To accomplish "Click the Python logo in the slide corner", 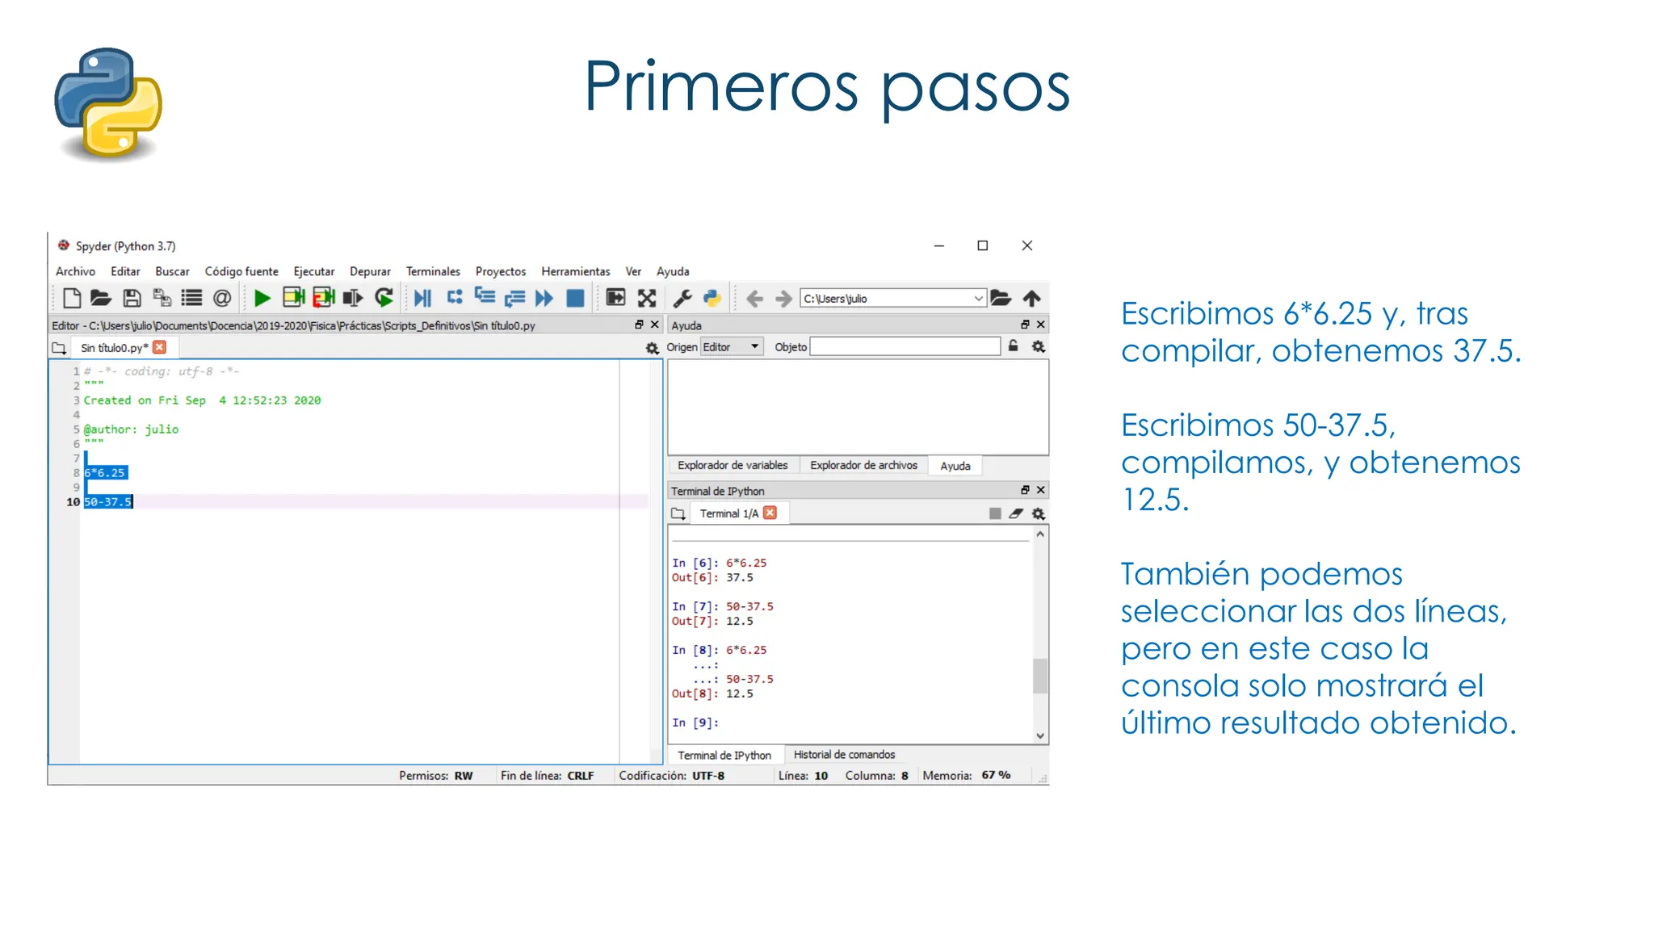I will tap(108, 103).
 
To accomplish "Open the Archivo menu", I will tap(75, 271).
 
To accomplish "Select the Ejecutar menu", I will tap(313, 271).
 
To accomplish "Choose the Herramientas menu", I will tap(575, 271).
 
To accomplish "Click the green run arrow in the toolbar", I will tap(262, 298).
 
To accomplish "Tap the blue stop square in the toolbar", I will tap(575, 298).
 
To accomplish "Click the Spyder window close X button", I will tap(1026, 245).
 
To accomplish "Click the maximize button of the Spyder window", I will tap(982, 245).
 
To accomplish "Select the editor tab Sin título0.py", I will tap(113, 348).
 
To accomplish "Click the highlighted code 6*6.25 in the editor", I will tap(105, 473).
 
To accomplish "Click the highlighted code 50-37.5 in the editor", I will tap(107, 502).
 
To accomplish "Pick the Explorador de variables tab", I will tap(733, 465).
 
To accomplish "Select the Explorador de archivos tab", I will tap(863, 465).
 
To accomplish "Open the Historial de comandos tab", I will tap(844, 755).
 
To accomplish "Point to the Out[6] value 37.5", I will tap(739, 578).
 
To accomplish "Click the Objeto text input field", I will tap(905, 347).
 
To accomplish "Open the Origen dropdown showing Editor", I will tap(732, 347).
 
